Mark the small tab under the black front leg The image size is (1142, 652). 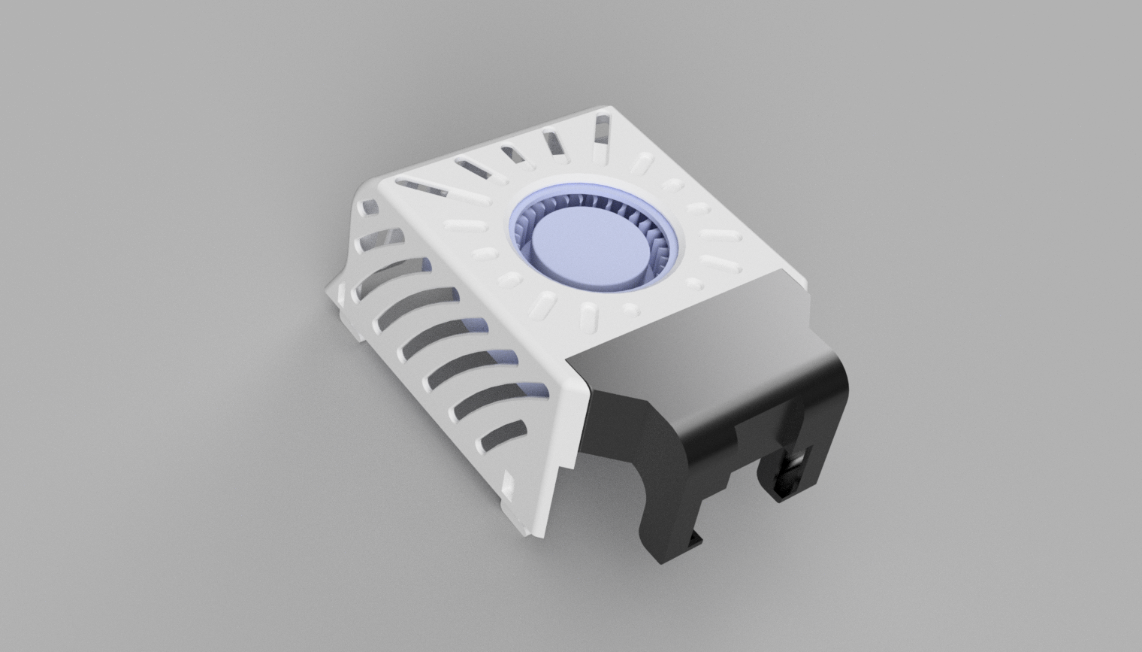tap(696, 537)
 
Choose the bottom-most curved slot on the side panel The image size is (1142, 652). tap(503, 437)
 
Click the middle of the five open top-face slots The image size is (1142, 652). tap(514, 154)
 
